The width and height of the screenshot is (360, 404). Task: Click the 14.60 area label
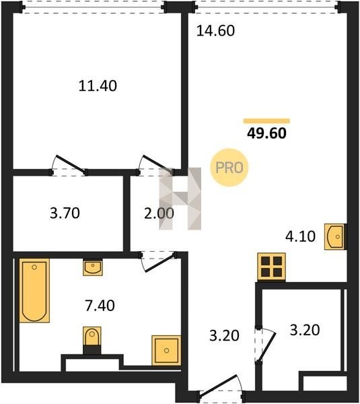tap(215, 31)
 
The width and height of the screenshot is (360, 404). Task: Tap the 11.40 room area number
tap(98, 86)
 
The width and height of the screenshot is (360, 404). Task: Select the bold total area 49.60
tap(266, 133)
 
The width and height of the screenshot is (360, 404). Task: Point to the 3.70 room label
tap(65, 213)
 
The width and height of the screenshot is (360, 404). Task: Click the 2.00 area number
tap(159, 213)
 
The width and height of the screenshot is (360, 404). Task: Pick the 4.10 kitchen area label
tap(300, 236)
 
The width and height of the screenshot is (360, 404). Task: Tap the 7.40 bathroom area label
tap(100, 306)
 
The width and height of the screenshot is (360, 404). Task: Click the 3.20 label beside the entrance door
tap(224, 336)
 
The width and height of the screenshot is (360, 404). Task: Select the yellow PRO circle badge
tap(229, 168)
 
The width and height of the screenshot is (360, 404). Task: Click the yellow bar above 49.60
tap(266, 121)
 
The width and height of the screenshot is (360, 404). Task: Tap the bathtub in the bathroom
tap(34, 290)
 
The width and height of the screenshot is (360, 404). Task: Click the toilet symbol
tap(92, 340)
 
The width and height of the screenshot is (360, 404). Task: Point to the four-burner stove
tap(271, 267)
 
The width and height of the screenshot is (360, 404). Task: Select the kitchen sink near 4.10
tap(334, 236)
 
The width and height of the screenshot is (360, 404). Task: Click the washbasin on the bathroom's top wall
tap(93, 268)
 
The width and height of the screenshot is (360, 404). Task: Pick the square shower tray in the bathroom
tap(166, 350)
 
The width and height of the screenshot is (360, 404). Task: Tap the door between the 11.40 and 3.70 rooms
tap(71, 164)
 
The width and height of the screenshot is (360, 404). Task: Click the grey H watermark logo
tap(180, 199)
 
